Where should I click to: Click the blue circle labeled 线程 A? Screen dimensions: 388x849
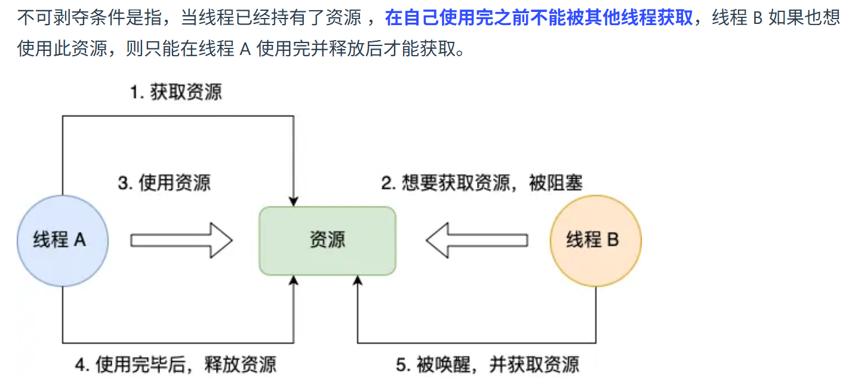pyautogui.click(x=62, y=240)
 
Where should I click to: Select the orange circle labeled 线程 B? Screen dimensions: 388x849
pyautogui.click(x=595, y=240)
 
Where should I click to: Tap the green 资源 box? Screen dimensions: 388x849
pyautogui.click(x=327, y=240)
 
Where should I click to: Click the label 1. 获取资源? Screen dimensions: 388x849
pyautogui.click(x=176, y=93)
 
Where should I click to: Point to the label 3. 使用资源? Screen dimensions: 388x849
pyautogui.click(x=164, y=182)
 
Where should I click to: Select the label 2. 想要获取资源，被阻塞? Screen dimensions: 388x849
pyautogui.click(x=482, y=182)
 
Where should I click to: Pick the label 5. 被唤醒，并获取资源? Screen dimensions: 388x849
pyautogui.click(x=488, y=364)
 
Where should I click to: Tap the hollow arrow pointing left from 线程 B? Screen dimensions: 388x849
pyautogui.click(x=476, y=240)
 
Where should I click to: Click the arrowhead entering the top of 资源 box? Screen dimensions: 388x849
pyautogui.click(x=293, y=201)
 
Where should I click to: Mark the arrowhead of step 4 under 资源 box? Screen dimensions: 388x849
pyautogui.click(x=293, y=280)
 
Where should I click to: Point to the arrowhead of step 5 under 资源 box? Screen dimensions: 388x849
pyautogui.click(x=357, y=280)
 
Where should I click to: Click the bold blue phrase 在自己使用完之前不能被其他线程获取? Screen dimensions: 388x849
pyautogui.click(x=539, y=18)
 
